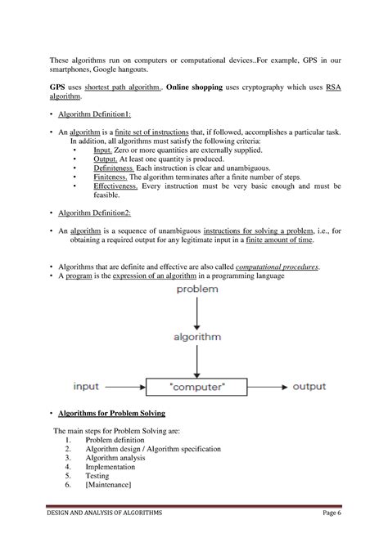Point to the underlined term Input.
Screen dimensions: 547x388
104,150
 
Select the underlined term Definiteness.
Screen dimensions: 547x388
115,168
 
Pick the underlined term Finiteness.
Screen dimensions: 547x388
111,177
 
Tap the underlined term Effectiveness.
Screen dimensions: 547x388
117,186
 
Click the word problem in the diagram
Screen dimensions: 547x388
196,290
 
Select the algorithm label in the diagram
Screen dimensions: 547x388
196,336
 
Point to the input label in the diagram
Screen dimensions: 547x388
86,386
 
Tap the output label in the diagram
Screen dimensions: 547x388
309,386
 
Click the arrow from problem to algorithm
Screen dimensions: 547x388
196,312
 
